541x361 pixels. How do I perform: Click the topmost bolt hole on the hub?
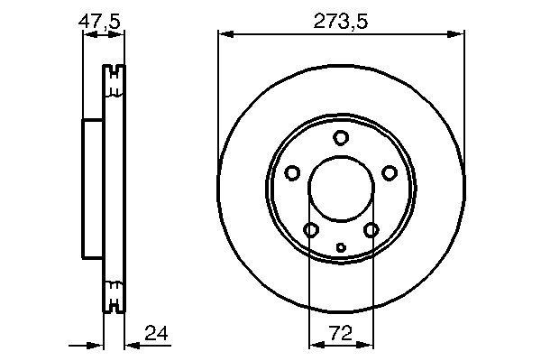pos(341,138)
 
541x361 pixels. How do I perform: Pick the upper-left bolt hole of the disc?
pos(292,173)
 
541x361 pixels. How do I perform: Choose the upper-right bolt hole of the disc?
pos(390,173)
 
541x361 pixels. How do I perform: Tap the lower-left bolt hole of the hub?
pos(311,231)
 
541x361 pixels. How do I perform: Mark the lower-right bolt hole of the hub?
pos(371,231)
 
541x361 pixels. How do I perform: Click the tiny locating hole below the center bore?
pos(341,247)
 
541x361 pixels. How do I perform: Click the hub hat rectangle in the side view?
pos(94,190)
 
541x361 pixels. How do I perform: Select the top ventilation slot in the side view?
pos(115,81)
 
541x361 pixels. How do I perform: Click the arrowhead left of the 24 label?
pos(128,344)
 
